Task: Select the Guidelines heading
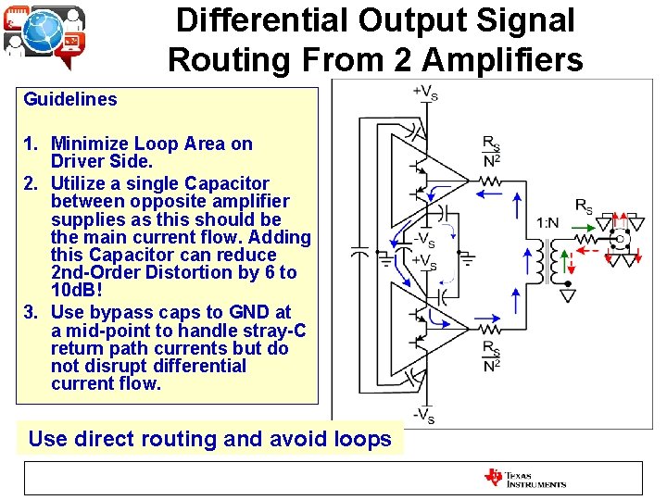70,99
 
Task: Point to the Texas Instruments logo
524,478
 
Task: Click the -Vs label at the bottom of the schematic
424,414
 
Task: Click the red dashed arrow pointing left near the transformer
585,247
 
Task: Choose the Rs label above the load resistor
584,204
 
